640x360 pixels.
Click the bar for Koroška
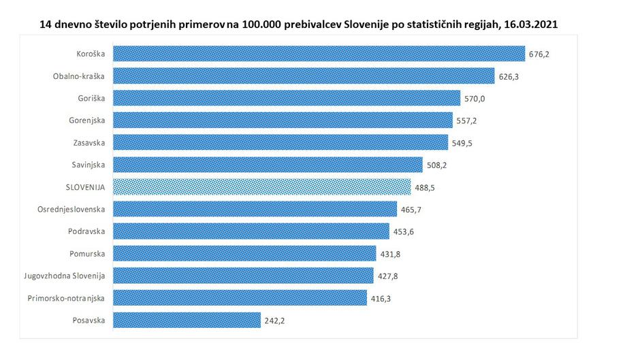coord(319,54)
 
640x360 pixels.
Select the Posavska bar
coord(187,320)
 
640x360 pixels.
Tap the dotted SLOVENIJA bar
coord(261,186)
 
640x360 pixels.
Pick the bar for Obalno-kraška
coord(304,76)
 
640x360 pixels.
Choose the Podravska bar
coord(251,231)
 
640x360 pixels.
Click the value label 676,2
coord(539,54)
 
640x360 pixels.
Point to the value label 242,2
coord(274,320)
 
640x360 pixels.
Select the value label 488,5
coord(424,187)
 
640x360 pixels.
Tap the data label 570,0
coord(474,99)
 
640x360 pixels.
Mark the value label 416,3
coord(380,298)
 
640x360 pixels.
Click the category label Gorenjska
coord(86,120)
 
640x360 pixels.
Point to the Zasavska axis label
coord(89,142)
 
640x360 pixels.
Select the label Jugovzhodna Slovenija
coord(64,276)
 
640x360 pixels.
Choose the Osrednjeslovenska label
coord(71,209)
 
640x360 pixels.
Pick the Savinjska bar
coord(268,165)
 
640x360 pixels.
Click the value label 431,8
coord(390,254)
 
